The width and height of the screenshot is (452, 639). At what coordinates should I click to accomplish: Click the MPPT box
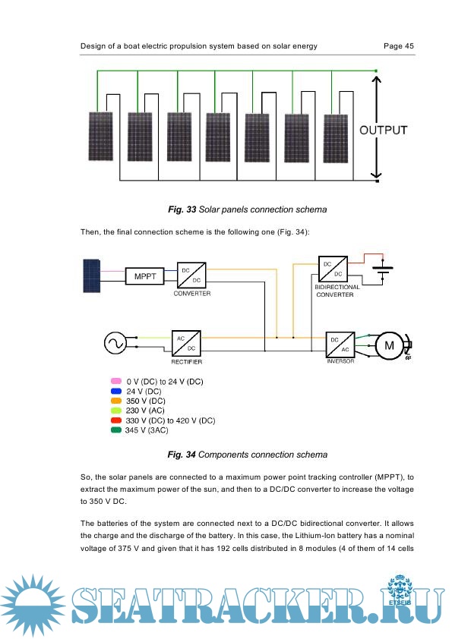[145, 276]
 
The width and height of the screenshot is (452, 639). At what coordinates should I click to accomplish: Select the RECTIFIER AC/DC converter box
[186, 344]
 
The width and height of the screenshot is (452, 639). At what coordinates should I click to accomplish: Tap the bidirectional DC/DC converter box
[333, 269]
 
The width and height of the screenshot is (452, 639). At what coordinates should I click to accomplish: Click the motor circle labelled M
[389, 345]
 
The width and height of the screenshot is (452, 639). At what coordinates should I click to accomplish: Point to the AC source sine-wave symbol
[115, 343]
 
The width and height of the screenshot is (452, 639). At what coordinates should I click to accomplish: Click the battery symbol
[382, 269]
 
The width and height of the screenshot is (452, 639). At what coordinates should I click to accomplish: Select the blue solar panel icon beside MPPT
[91, 276]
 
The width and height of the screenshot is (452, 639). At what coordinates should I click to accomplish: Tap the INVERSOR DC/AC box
[340, 345]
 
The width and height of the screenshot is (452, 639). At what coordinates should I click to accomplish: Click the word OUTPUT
[383, 130]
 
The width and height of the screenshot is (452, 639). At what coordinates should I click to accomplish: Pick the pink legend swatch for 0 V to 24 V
[116, 381]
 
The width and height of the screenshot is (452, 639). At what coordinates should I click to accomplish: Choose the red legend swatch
[116, 420]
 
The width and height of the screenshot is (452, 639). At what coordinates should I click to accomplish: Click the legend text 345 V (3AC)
[147, 430]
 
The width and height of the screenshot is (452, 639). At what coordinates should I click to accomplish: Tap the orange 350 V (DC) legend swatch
[116, 401]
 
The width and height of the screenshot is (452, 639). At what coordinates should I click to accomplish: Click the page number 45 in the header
[409, 46]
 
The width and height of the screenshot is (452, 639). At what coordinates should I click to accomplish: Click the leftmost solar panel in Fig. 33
[100, 136]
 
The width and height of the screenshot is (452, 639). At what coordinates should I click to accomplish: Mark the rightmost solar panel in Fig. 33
[336, 139]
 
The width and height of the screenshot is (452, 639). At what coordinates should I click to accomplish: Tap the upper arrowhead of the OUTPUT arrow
[376, 80]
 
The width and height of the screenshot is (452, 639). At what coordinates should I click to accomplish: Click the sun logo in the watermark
[33, 603]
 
